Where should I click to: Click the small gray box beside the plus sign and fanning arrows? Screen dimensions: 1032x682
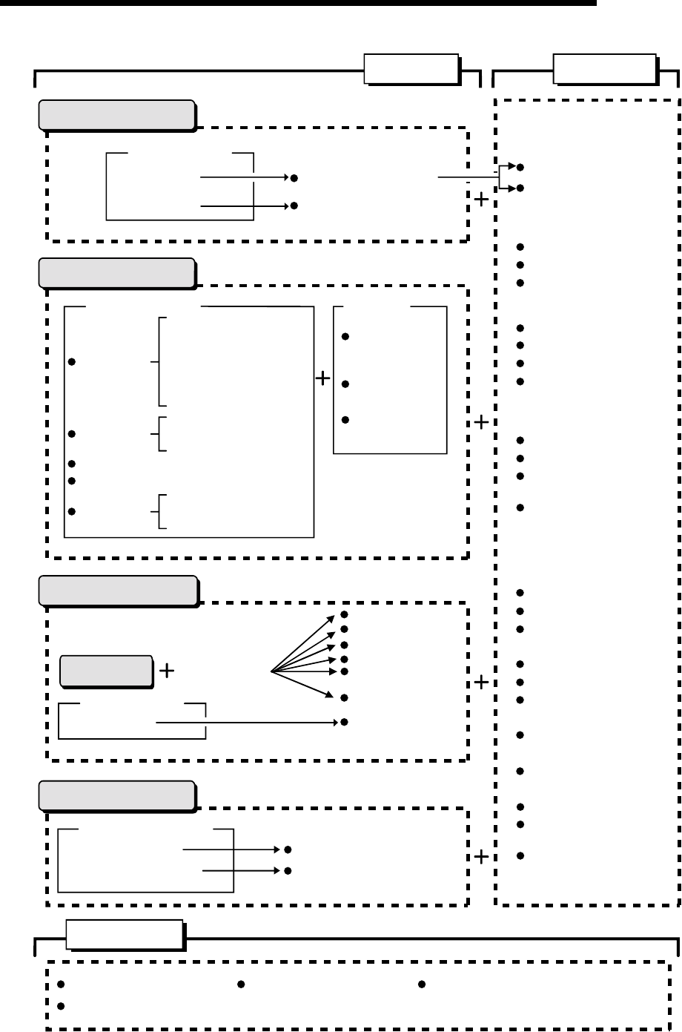click(106, 671)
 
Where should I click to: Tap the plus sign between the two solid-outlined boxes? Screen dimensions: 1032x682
click(322, 379)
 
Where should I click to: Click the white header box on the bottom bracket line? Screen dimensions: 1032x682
click(125, 935)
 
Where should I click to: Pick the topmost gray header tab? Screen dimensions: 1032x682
click(116, 115)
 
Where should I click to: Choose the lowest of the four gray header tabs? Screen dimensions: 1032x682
click(116, 795)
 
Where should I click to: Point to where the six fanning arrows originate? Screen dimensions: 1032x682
click(271, 671)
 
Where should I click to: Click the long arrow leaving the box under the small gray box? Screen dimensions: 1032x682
click(248, 720)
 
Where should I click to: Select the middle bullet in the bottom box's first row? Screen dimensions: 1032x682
click(241, 985)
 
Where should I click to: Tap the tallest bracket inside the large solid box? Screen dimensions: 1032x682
click(160, 361)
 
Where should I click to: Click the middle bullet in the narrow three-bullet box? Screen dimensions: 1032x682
click(345, 384)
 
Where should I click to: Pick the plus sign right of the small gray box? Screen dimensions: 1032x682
click(167, 671)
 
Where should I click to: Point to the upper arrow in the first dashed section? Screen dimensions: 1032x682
click(245, 178)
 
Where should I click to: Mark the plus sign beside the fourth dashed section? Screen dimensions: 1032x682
click(481, 858)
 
